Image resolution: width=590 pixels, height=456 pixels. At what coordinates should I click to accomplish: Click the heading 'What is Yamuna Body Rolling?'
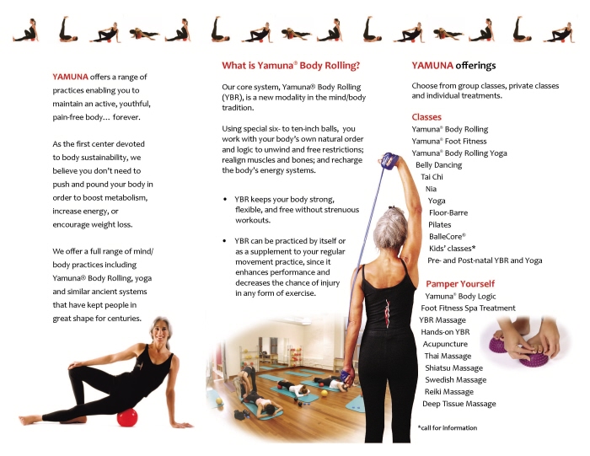pyautogui.click(x=291, y=66)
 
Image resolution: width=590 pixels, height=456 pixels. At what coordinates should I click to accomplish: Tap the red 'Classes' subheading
pyautogui.click(x=426, y=117)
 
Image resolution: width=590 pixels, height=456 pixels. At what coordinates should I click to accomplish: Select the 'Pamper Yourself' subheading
pyautogui.click(x=460, y=284)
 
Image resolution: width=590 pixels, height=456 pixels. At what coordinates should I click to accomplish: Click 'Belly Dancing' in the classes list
pyautogui.click(x=439, y=165)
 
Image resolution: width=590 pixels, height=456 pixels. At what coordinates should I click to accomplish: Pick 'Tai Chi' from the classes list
pyautogui.click(x=432, y=177)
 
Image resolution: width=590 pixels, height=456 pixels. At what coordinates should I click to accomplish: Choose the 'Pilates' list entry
pyautogui.click(x=439, y=224)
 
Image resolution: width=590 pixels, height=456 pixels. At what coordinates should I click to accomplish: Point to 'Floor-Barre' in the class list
pyautogui.click(x=448, y=213)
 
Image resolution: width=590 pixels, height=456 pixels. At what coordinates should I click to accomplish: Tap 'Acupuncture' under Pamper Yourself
pyautogui.click(x=445, y=344)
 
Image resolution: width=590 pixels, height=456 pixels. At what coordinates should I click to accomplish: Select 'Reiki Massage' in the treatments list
pyautogui.click(x=449, y=392)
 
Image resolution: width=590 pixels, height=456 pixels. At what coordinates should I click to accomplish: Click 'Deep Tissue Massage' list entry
pyautogui.click(x=459, y=404)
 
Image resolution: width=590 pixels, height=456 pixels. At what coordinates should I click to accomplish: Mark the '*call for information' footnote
pyautogui.click(x=448, y=428)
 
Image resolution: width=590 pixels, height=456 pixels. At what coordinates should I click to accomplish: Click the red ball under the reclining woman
pyautogui.click(x=127, y=417)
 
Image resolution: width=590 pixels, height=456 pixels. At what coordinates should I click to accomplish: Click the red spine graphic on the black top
pyautogui.click(x=387, y=312)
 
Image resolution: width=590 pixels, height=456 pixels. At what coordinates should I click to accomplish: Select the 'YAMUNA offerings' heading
pyautogui.click(x=453, y=66)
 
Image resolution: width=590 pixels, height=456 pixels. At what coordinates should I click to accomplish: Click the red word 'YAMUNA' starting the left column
pyautogui.click(x=70, y=77)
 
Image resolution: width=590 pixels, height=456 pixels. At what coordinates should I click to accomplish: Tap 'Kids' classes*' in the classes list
pyautogui.click(x=453, y=249)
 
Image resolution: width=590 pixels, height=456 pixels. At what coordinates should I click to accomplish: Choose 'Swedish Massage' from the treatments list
pyautogui.click(x=456, y=379)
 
